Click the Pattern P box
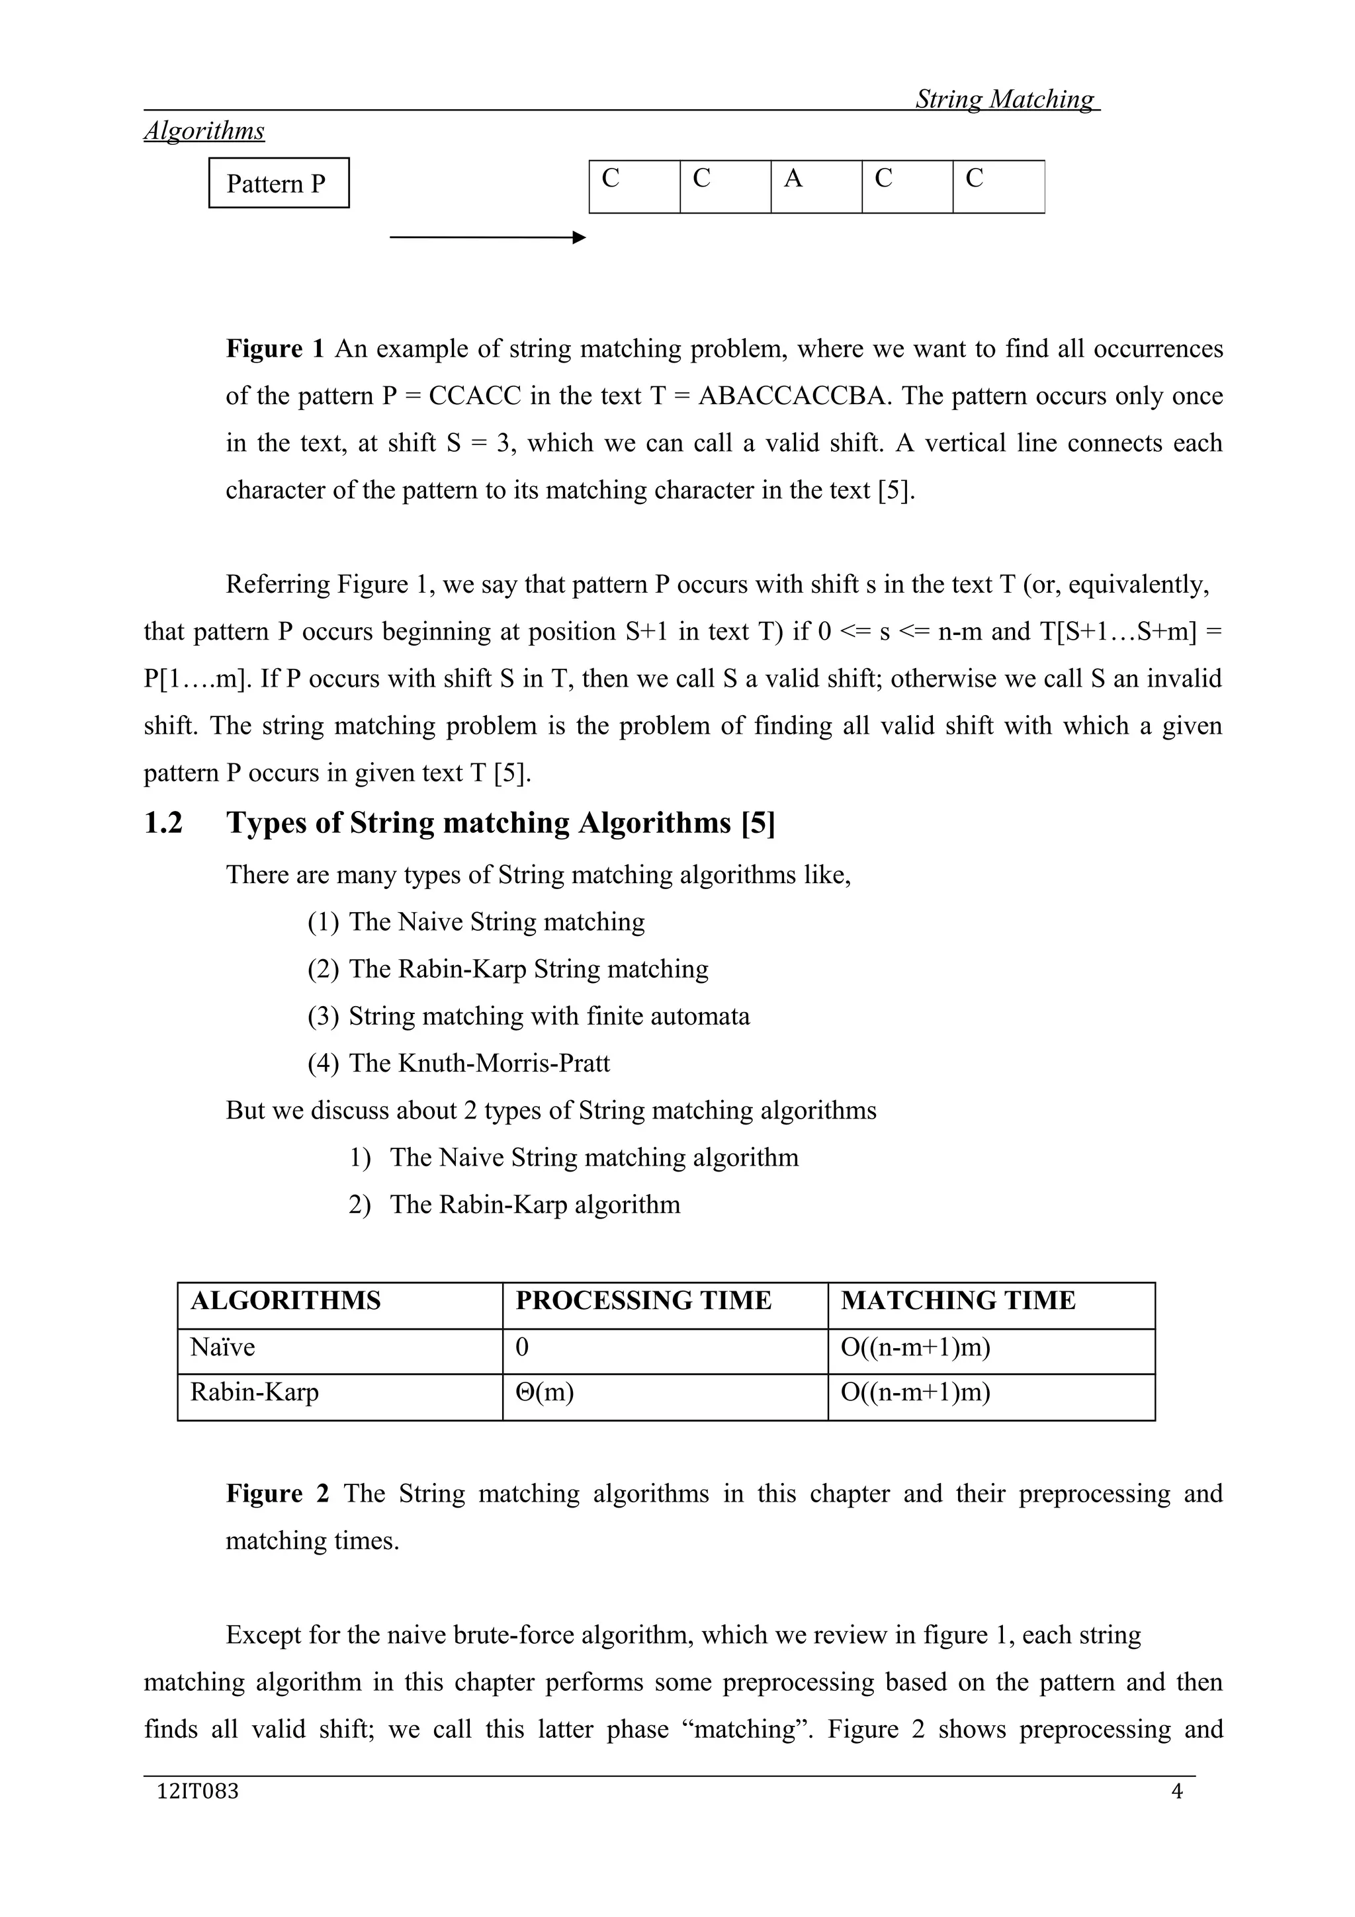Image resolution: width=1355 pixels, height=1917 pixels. pos(278,183)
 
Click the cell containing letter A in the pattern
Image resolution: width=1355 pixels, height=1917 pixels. pos(816,186)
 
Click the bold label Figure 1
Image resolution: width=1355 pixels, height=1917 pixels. pos(275,348)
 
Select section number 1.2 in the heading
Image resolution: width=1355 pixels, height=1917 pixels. pos(163,824)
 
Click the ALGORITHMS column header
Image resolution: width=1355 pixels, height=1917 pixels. pos(286,1300)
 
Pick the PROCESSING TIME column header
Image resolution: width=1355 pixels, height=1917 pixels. pos(643,1300)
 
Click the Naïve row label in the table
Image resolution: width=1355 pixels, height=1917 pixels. pos(223,1347)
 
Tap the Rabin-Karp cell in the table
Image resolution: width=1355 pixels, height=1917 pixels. pos(255,1392)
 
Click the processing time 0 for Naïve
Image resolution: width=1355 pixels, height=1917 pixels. pos(523,1347)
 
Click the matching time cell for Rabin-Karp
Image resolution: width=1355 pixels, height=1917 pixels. pos(915,1392)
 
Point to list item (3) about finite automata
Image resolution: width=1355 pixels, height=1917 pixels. pos(529,1016)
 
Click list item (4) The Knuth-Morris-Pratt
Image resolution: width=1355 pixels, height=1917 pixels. pos(459,1063)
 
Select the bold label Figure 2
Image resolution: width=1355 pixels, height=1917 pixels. pos(277,1494)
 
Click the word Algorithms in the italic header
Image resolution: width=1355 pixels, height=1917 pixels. pos(204,131)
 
